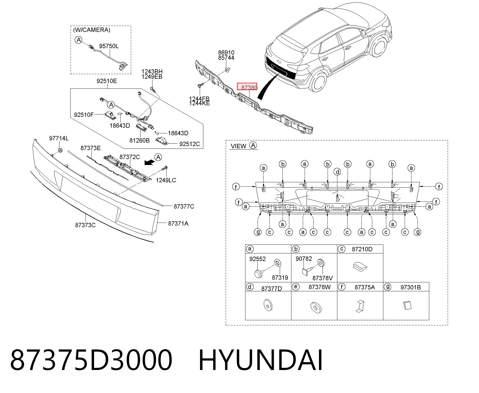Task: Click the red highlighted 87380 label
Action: [x=247, y=87]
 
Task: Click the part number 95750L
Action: [x=109, y=46]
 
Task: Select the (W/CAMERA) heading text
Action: [x=92, y=30]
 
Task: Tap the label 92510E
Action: [x=107, y=81]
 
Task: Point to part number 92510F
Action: [x=84, y=115]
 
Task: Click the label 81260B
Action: [x=139, y=140]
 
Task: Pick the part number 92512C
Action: [x=189, y=144]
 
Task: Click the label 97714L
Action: [x=59, y=138]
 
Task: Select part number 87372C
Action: [x=129, y=157]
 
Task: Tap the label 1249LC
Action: [x=166, y=180]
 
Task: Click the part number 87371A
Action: [x=178, y=223]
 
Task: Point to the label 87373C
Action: [x=85, y=225]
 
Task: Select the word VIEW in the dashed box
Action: [x=238, y=146]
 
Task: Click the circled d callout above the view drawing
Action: [x=337, y=171]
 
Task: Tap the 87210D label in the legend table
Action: [x=362, y=249]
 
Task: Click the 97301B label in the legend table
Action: [x=410, y=287]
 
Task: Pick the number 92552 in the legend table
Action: [x=257, y=259]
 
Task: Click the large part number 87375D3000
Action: [x=91, y=360]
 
